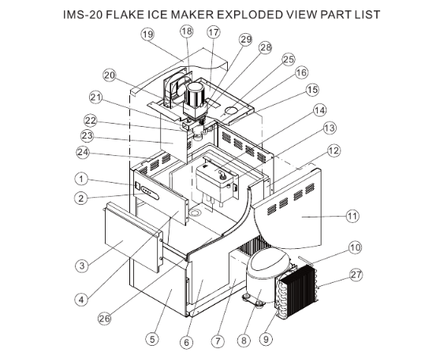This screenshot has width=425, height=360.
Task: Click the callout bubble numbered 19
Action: [x=147, y=34]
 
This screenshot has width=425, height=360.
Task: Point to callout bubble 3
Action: [x=81, y=266]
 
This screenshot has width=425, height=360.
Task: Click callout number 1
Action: [x=81, y=177]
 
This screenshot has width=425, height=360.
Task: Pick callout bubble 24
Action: [x=82, y=152]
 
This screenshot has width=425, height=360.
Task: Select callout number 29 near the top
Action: [x=245, y=39]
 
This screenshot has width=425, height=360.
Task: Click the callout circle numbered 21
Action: [x=96, y=98]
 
